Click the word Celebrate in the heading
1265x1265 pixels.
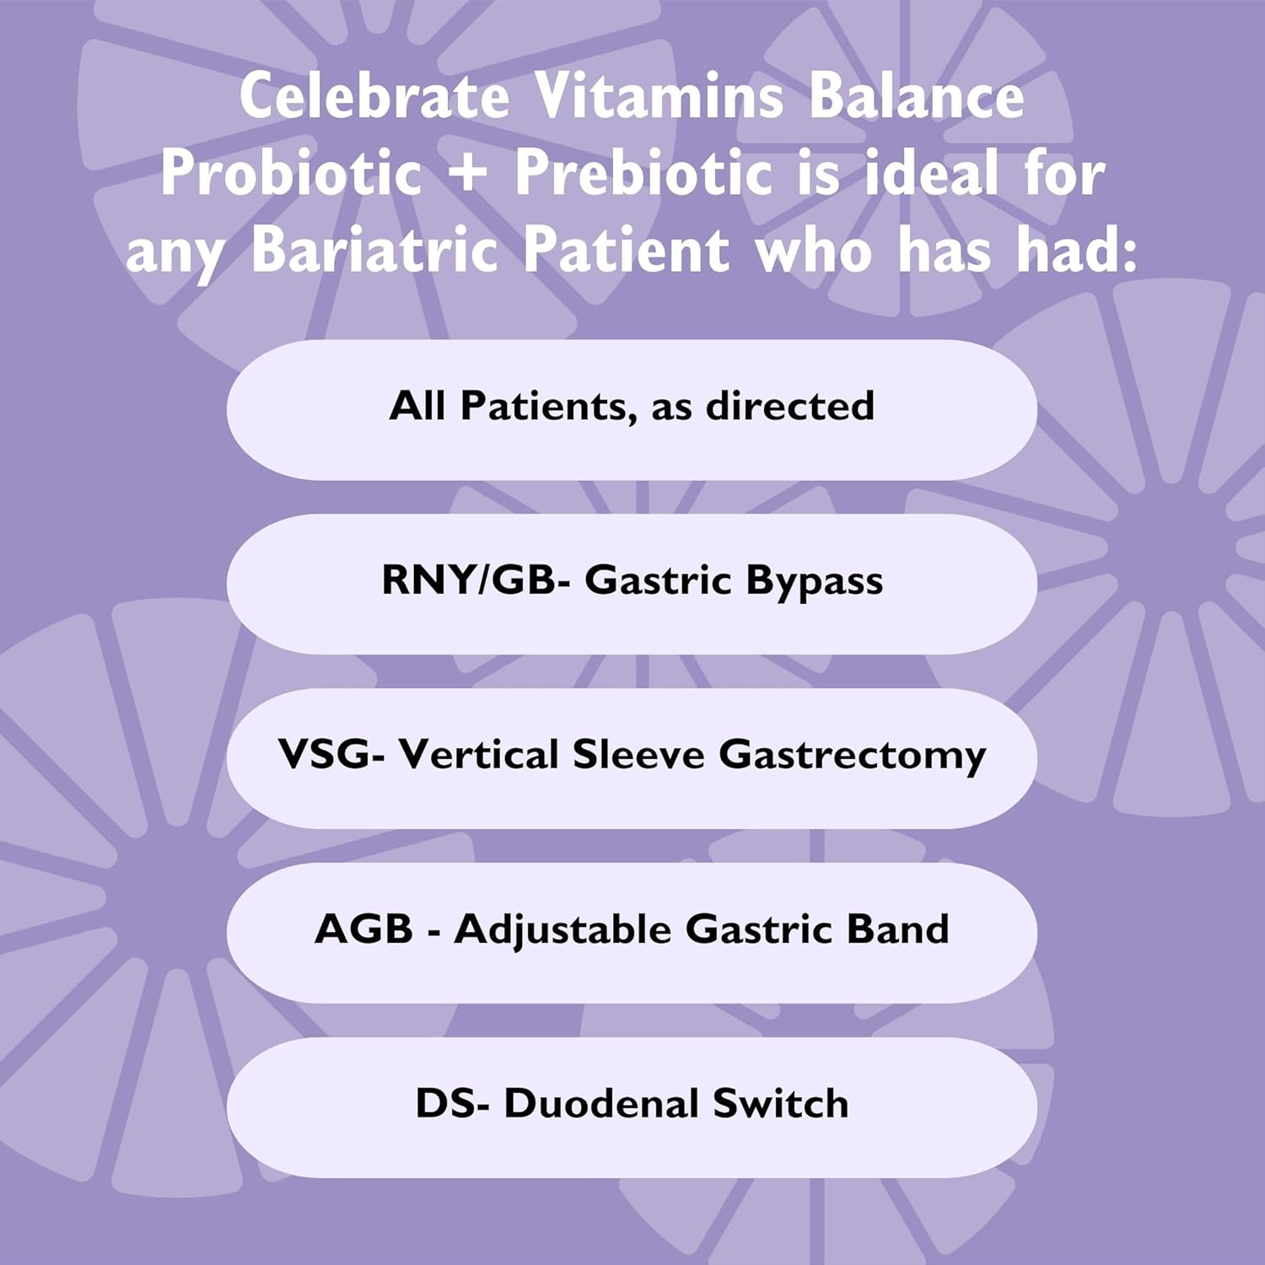click(374, 97)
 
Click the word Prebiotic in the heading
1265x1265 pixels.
click(643, 173)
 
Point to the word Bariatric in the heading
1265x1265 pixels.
click(375, 250)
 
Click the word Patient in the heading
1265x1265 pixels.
click(626, 250)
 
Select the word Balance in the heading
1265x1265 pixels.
click(917, 97)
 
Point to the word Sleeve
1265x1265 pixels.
click(638, 754)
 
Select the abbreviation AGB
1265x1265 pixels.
click(364, 929)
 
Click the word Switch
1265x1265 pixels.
click(780, 1103)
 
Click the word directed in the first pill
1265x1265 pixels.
click(790, 406)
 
